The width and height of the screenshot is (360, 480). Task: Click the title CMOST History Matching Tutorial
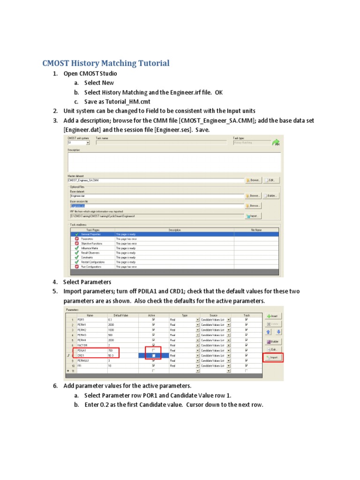click(105, 63)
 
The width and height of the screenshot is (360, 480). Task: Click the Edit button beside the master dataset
click(271, 180)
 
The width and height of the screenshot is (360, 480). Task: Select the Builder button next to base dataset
click(271, 195)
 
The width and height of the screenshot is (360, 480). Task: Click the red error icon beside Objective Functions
click(76, 243)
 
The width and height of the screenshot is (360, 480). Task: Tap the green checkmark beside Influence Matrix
click(76, 248)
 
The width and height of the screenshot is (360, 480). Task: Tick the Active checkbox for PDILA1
click(153, 350)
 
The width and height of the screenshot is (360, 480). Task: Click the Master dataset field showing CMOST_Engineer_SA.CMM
click(155, 180)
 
